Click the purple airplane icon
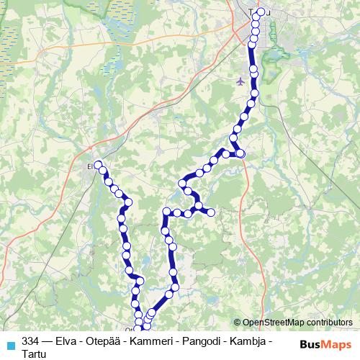point(240,81)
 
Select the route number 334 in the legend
point(31,341)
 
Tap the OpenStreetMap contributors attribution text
point(297,323)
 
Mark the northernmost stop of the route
point(261,11)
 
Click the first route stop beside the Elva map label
point(98,166)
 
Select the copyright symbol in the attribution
point(238,323)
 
